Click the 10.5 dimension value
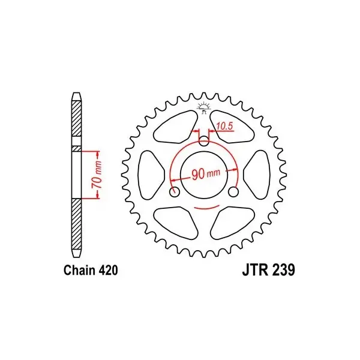(x=225, y=126)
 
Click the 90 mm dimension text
(x=206, y=173)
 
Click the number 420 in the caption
(x=109, y=270)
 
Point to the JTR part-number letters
(x=255, y=270)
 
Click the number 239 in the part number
(x=283, y=270)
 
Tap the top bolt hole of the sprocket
(x=203, y=141)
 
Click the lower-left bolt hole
(x=174, y=191)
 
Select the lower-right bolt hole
(x=233, y=191)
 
